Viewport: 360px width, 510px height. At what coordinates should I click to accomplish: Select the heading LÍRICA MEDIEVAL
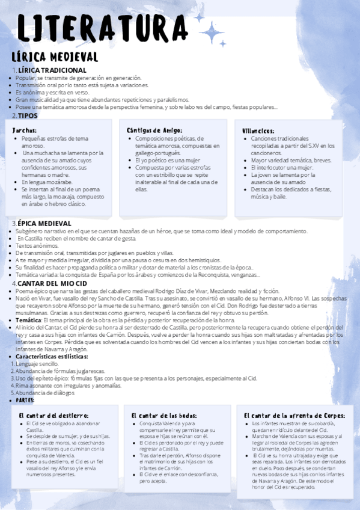click(x=55, y=57)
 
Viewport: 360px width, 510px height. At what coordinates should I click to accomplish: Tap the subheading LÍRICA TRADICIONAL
click(x=52, y=70)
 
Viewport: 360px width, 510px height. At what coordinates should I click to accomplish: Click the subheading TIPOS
click(x=28, y=115)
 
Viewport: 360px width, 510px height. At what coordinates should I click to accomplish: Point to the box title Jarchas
click(x=25, y=130)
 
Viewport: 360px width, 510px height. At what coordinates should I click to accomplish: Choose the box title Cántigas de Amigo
click(x=154, y=130)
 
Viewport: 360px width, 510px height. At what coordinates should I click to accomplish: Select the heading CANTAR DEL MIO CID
click(x=52, y=283)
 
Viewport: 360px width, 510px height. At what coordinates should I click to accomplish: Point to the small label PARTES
click(x=25, y=400)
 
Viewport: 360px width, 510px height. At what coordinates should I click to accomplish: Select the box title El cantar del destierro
click(x=53, y=415)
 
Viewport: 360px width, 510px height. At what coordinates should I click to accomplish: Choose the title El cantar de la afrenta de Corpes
click(x=294, y=415)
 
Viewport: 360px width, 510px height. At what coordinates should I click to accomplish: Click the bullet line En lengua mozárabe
click(x=47, y=182)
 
